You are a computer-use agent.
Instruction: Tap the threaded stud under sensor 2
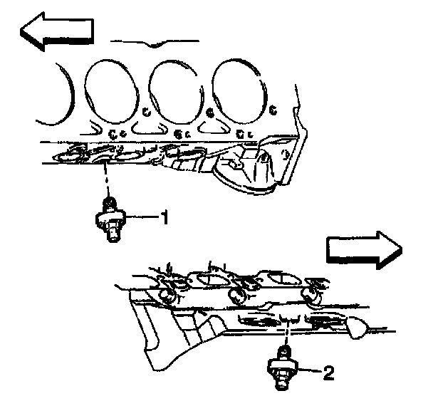(283, 384)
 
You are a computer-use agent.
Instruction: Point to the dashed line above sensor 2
(286, 328)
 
